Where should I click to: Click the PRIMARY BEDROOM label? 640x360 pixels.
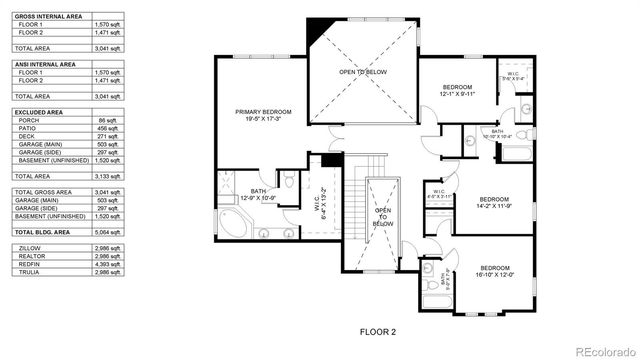coord(263,115)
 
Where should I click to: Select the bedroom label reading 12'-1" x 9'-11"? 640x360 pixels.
coord(463,92)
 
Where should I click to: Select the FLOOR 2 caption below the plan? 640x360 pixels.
coord(377,330)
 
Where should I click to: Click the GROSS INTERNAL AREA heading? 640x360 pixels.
coord(47,17)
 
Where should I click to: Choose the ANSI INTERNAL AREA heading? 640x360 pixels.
coord(45,64)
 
